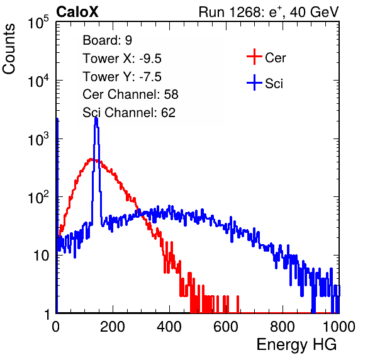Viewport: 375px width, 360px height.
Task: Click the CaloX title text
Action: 77,12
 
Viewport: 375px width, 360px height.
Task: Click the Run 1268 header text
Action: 269,12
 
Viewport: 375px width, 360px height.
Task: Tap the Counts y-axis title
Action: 9,49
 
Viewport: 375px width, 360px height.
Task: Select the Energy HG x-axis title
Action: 296,344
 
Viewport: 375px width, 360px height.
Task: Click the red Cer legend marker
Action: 254,57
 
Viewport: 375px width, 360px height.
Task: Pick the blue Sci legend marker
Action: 254,83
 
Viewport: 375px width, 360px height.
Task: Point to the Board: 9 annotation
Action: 107,40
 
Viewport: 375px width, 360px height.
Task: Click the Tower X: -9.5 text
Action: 122,59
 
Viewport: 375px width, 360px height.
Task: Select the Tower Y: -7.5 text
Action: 122,77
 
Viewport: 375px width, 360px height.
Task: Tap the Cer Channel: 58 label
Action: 130,94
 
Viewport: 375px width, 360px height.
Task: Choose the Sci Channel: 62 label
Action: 129,113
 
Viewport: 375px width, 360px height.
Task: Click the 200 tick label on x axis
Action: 113,327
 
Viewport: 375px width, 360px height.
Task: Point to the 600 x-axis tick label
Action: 226,327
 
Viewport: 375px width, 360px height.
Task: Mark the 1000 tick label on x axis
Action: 339,327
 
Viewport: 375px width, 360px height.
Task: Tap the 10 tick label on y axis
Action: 41,256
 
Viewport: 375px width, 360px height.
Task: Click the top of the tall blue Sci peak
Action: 96,118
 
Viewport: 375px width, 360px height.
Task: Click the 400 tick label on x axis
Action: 169,327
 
